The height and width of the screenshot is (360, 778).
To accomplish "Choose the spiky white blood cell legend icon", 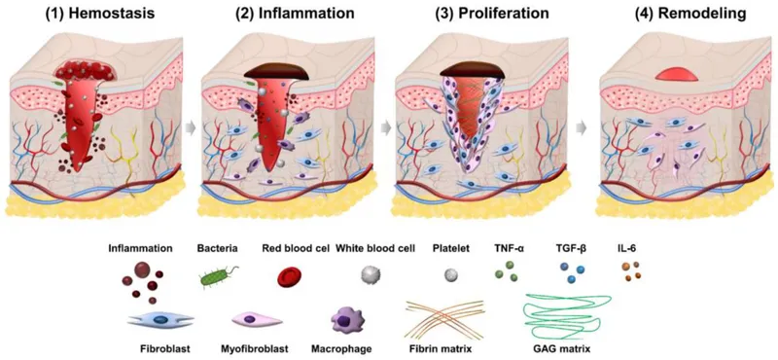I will point(369,277).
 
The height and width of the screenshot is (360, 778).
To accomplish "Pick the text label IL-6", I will point(632,249).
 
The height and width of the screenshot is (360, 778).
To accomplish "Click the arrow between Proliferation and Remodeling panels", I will point(583,126).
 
